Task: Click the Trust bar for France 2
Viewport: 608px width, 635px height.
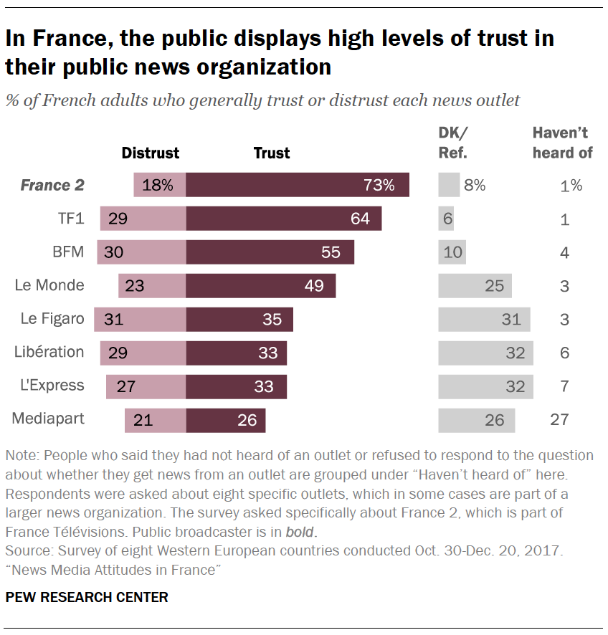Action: pyautogui.click(x=298, y=185)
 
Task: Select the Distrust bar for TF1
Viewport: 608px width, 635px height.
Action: pyautogui.click(x=143, y=219)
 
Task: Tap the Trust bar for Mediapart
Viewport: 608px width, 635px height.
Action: pyautogui.click(x=226, y=420)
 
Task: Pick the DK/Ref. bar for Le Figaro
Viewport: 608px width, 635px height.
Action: pyautogui.click(x=484, y=319)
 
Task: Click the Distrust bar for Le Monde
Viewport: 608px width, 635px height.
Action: pyautogui.click(x=152, y=285)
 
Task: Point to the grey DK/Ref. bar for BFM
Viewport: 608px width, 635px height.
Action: pyautogui.click(x=452, y=252)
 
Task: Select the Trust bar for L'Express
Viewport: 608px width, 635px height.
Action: pyautogui.click(x=237, y=386)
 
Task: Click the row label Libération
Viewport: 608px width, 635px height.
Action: pyautogui.click(x=49, y=352)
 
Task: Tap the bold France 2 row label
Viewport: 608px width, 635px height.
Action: pyautogui.click(x=52, y=185)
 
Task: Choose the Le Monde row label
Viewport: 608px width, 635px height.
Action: pyautogui.click(x=49, y=285)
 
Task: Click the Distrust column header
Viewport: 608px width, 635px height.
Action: pyautogui.click(x=151, y=153)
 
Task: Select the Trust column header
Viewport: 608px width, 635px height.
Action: pyautogui.click(x=272, y=153)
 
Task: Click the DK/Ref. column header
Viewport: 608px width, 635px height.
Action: pyautogui.click(x=453, y=143)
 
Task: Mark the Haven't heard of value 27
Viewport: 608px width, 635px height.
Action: pyautogui.click(x=560, y=420)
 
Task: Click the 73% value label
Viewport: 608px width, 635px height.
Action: pyautogui.click(x=379, y=185)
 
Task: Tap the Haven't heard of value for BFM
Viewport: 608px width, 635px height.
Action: pyautogui.click(x=565, y=252)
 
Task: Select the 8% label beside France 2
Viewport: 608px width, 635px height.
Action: pyautogui.click(x=475, y=185)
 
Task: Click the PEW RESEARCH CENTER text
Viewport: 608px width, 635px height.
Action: pyautogui.click(x=87, y=597)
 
